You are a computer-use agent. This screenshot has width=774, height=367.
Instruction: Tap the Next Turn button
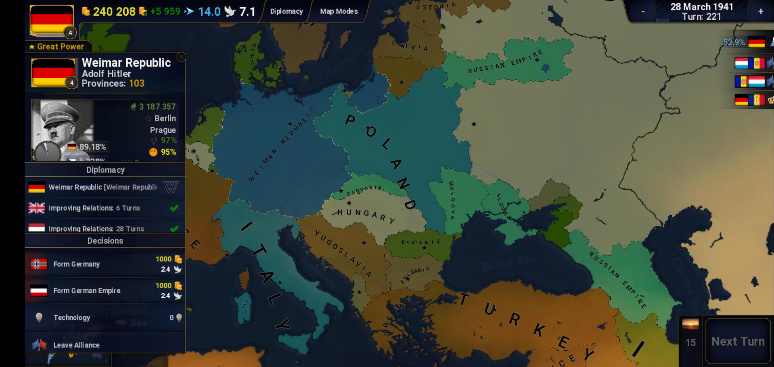(738, 341)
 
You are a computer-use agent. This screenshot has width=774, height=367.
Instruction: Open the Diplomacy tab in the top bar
(286, 11)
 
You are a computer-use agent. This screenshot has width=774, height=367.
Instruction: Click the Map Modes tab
(339, 11)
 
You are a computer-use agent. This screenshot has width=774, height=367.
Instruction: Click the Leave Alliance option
(76, 345)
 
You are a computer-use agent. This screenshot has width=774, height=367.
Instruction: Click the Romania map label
(421, 242)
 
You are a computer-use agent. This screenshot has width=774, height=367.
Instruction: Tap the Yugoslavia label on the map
(343, 253)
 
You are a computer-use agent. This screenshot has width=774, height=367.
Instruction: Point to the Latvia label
(410, 46)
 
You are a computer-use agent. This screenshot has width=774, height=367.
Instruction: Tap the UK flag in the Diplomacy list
(37, 208)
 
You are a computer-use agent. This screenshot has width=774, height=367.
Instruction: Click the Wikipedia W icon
(171, 187)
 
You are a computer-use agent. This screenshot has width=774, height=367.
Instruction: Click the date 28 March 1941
(701, 7)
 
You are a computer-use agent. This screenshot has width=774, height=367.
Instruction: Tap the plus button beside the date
(760, 11)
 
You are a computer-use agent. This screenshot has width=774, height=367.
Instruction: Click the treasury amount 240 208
(114, 12)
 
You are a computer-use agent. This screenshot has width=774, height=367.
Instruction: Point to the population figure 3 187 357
(157, 107)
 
